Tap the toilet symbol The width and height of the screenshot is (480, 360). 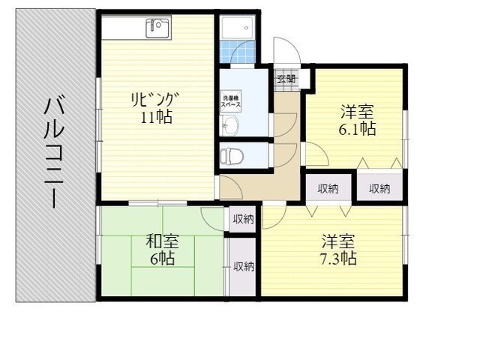tap(232, 156)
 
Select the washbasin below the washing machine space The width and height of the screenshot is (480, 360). tap(229, 125)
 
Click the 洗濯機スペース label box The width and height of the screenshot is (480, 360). tap(232, 101)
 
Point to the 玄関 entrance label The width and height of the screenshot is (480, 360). tap(286, 79)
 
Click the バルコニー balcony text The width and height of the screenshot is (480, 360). tap(54, 153)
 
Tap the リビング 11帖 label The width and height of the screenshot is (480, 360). tap(155, 108)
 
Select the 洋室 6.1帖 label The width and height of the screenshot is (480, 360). tap(357, 120)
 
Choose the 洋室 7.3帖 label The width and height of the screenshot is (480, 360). tap(338, 250)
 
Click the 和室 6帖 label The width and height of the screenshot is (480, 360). tap(162, 250)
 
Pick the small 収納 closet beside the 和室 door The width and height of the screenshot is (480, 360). tap(243, 219)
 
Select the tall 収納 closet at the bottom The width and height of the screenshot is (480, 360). tap(243, 267)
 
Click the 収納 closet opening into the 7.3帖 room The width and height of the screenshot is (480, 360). tap(328, 188)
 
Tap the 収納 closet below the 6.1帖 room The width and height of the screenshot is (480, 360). tap(379, 188)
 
